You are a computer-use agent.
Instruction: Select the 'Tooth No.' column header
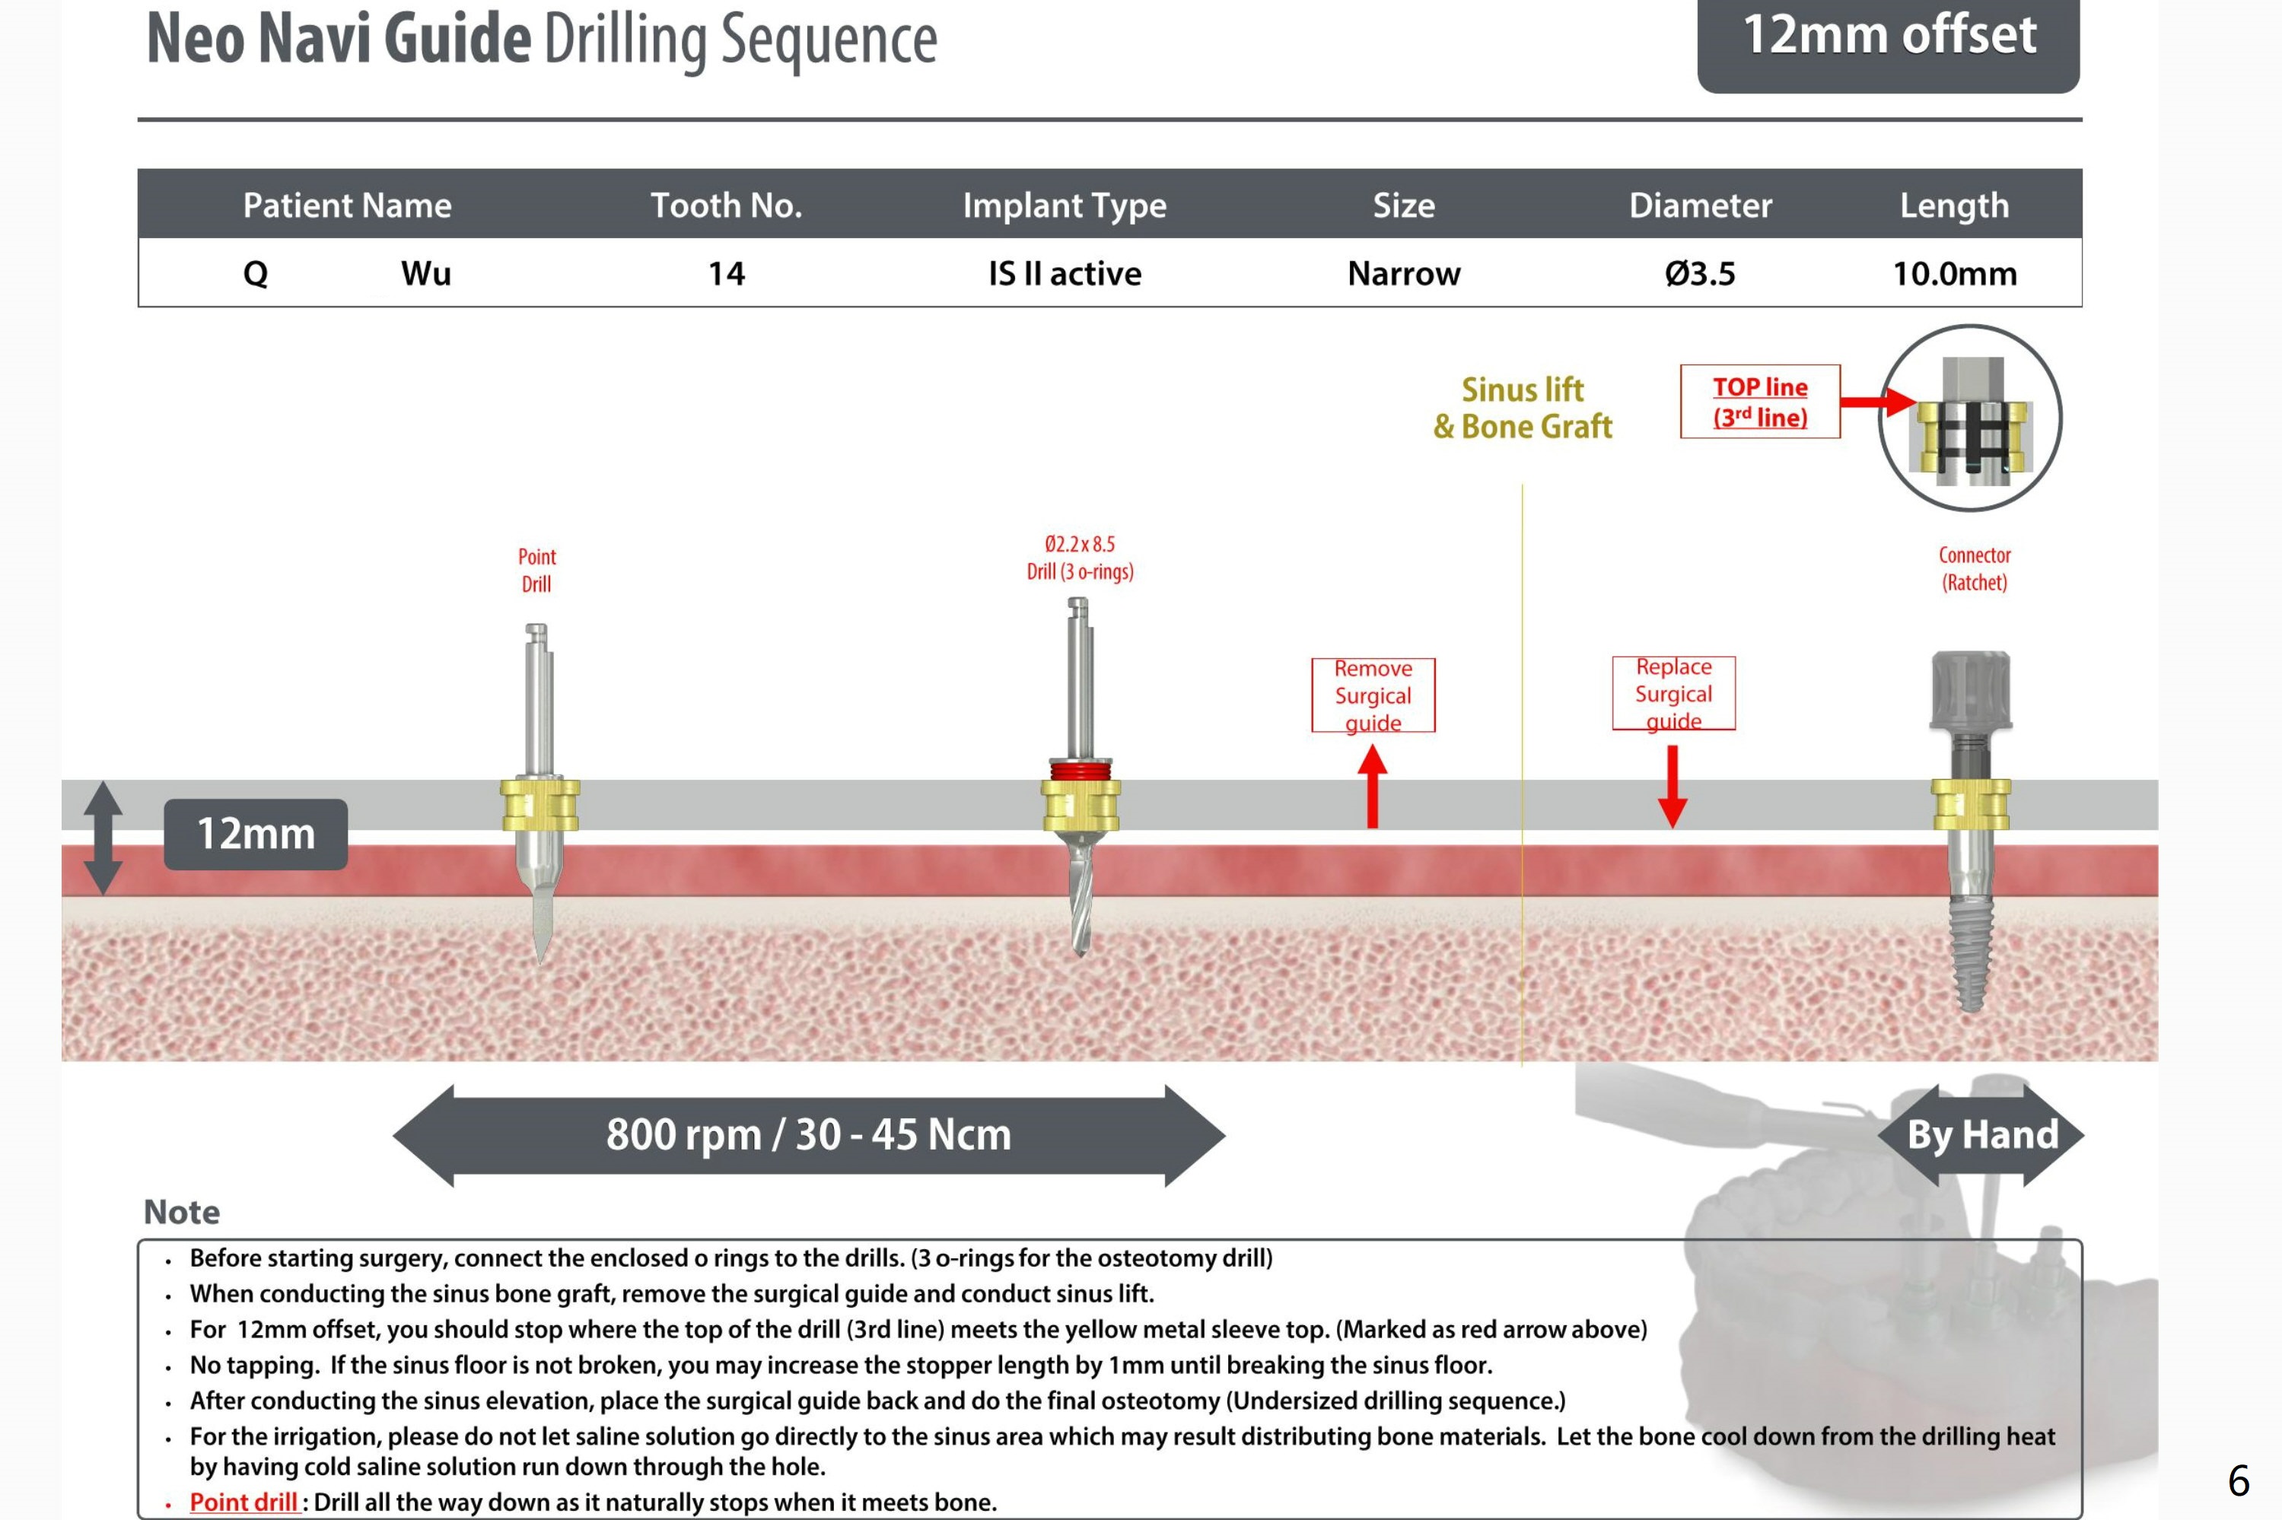point(726,205)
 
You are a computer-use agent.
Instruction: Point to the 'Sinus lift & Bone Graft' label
point(1522,408)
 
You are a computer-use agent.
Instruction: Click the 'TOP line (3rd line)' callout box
point(1759,402)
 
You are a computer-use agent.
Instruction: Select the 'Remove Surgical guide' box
point(1373,695)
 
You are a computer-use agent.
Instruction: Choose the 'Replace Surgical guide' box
point(1673,693)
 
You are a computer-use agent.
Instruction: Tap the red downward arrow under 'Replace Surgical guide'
point(1673,785)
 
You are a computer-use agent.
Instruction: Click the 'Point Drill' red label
point(536,570)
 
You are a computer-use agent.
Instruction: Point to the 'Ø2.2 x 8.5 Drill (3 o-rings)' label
point(1080,558)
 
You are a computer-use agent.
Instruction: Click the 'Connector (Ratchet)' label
point(1974,568)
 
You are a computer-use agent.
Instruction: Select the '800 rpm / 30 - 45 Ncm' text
point(809,1135)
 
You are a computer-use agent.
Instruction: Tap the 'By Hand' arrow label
point(1981,1135)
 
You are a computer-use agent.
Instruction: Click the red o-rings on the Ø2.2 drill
point(1080,771)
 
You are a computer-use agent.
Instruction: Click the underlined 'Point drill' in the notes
point(243,1502)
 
